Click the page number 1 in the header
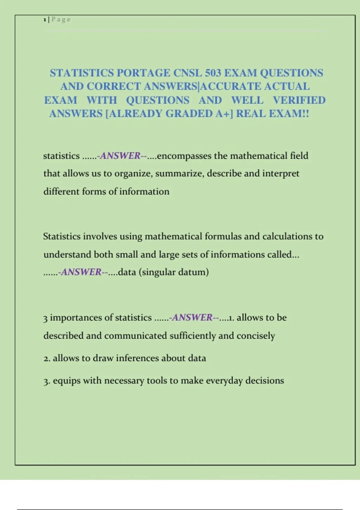pos(45,20)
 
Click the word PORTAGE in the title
pos(143,73)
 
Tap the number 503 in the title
pos(213,73)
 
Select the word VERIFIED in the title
pos(299,100)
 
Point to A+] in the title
pos(224,114)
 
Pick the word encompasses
pos(184,156)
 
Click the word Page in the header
pos(61,20)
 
